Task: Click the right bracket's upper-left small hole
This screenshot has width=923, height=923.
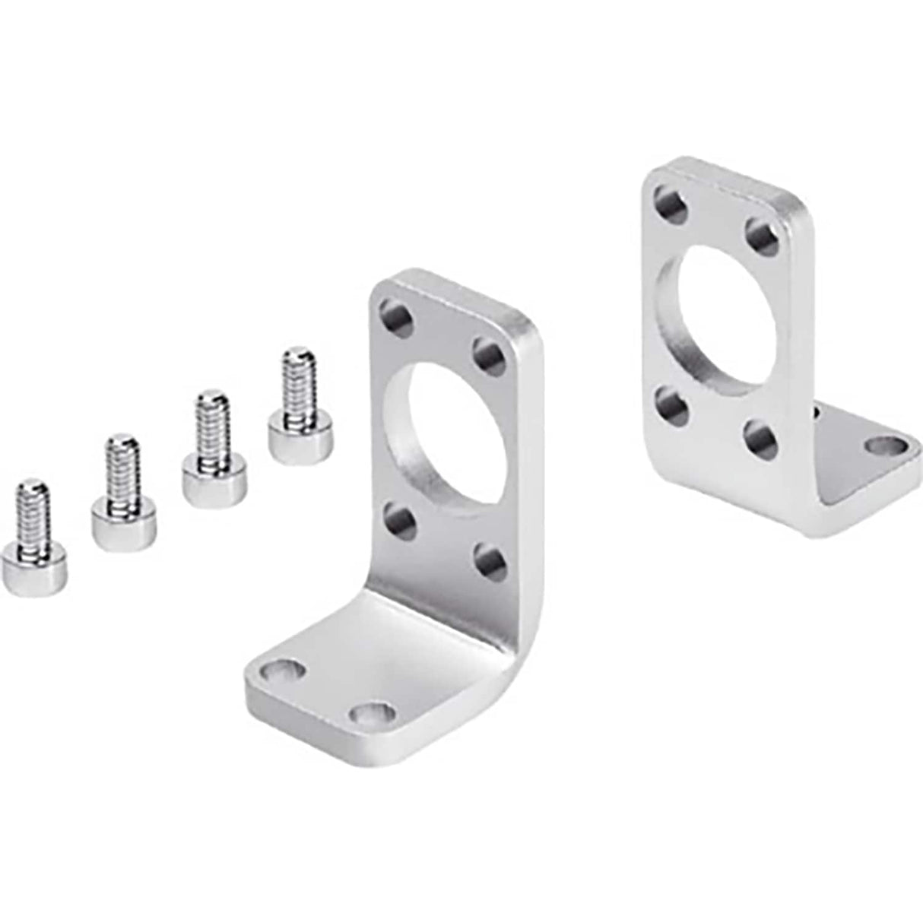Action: [x=671, y=205]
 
